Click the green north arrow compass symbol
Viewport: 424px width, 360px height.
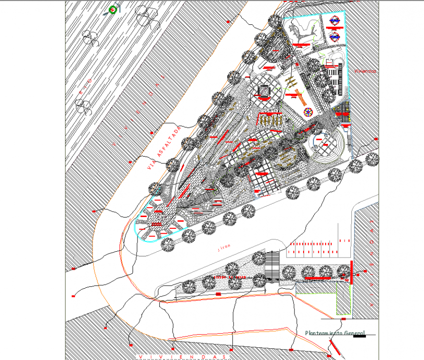(113, 9)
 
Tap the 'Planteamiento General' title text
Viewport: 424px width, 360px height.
(335, 333)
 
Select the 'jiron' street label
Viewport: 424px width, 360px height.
(223, 248)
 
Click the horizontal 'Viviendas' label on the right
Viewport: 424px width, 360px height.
(366, 71)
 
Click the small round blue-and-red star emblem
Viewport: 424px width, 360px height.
(308, 112)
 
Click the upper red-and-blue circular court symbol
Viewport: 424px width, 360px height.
(334, 20)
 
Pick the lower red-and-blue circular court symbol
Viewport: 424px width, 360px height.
(334, 37)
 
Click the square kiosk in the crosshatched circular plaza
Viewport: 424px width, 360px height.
(264, 91)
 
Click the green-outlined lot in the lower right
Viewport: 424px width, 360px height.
(344, 298)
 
